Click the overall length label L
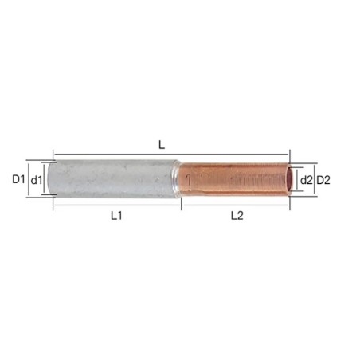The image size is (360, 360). pyautogui.click(x=162, y=145)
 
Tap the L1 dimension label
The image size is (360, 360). pyautogui.click(x=116, y=215)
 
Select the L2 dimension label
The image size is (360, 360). pyautogui.click(x=237, y=215)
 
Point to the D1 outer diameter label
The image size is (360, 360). pyautogui.click(x=20, y=180)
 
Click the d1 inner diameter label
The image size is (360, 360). pyautogui.click(x=36, y=181)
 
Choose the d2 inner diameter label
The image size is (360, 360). pyautogui.click(x=307, y=181)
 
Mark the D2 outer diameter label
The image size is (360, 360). pyautogui.click(x=323, y=181)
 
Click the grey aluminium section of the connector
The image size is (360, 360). pyautogui.click(x=112, y=180)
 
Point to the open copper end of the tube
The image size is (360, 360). pyautogui.click(x=286, y=181)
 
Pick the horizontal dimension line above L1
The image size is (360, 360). pyautogui.click(x=88, y=205)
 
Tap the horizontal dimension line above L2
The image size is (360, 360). pyautogui.click(x=263, y=205)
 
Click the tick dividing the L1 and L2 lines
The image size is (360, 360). pyautogui.click(x=182, y=205)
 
